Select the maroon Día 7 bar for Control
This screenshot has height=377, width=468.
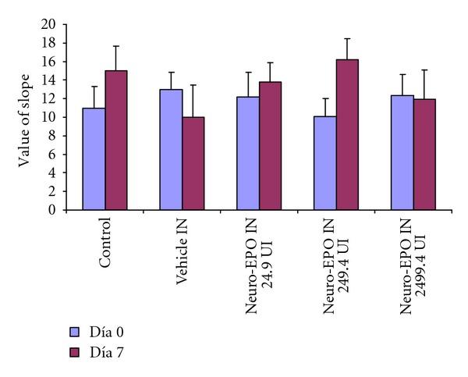(116, 140)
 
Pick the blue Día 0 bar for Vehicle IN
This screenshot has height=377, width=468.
(172, 149)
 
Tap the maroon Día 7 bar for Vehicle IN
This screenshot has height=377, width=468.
(193, 163)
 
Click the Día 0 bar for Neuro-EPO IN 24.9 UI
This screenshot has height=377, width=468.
(248, 153)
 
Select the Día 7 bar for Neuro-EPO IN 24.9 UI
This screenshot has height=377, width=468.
(270, 145)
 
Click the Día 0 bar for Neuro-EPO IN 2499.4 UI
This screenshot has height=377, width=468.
(401, 152)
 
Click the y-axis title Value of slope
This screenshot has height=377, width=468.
(25, 117)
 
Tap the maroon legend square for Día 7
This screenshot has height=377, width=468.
(75, 352)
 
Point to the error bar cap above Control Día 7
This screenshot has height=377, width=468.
(116, 46)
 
